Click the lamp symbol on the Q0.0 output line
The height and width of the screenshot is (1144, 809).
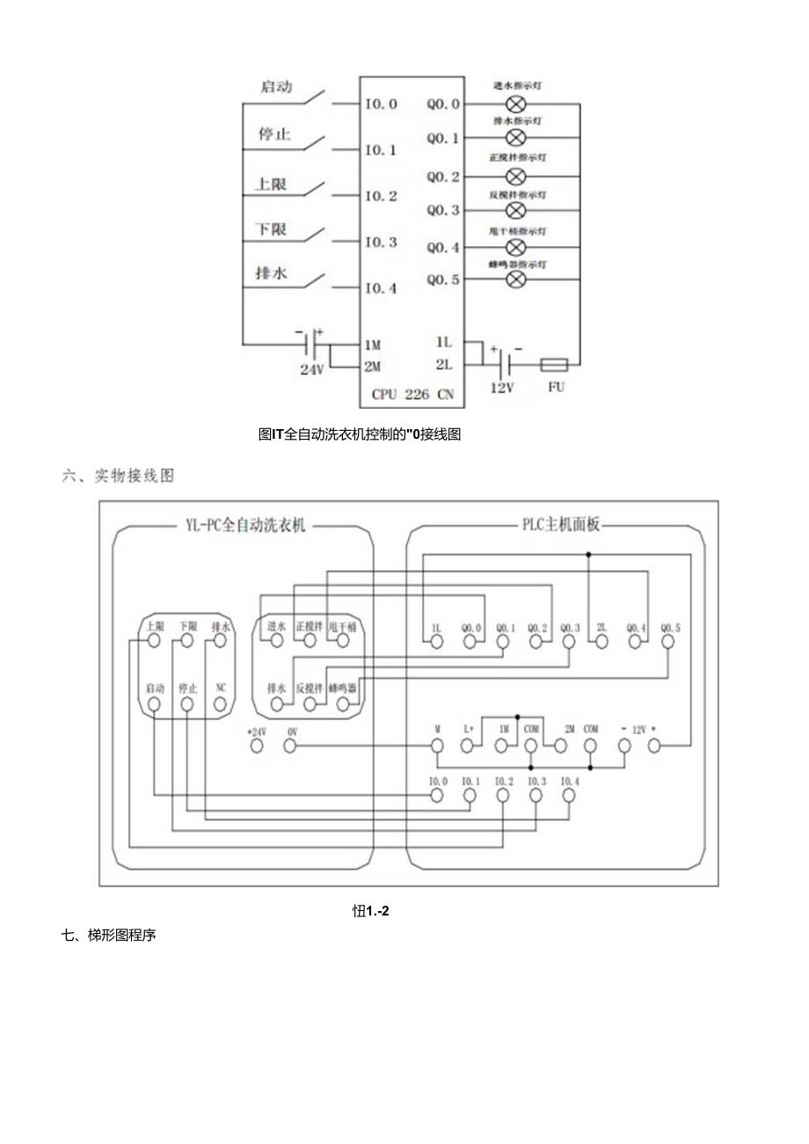517,104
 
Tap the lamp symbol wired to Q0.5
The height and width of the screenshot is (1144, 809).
517,279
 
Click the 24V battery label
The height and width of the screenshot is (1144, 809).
312,370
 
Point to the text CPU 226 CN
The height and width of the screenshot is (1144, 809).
412,395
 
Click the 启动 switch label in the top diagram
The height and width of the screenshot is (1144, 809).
277,87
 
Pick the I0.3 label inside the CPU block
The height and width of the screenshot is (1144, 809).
381,242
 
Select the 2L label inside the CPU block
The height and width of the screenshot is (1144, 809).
444,364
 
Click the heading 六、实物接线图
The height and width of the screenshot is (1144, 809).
119,476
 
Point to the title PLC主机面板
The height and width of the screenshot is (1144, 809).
556,526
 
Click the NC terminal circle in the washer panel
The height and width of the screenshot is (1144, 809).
220,703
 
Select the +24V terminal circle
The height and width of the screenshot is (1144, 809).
257,747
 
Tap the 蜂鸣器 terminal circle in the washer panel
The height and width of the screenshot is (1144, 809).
342,703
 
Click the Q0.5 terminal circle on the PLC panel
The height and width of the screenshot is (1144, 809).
667,642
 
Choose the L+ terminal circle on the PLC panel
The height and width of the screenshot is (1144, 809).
469,746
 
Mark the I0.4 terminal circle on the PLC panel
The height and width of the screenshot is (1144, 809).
568,796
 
